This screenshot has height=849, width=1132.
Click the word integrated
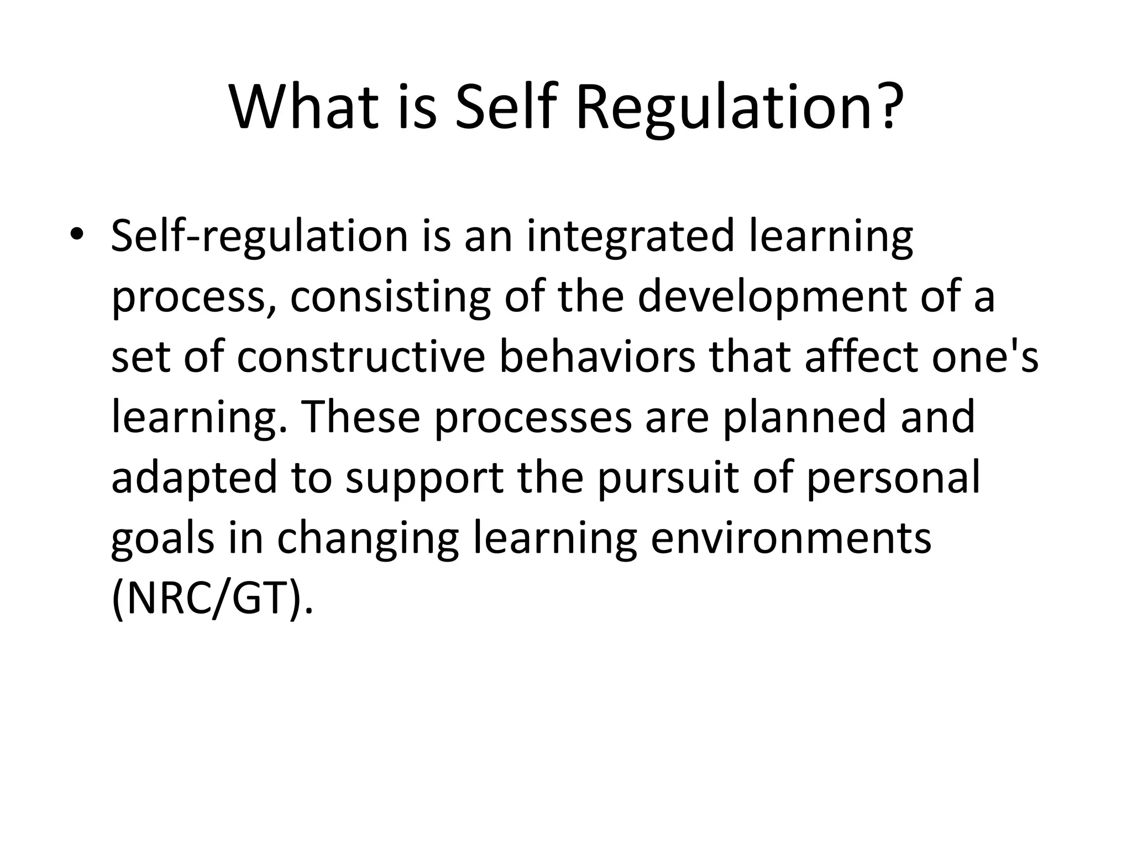[630, 236]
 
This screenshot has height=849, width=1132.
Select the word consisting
[390, 296]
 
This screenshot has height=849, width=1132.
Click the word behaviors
[597, 357]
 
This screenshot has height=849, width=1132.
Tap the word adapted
[193, 477]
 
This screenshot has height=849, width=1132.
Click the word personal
[893, 477]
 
